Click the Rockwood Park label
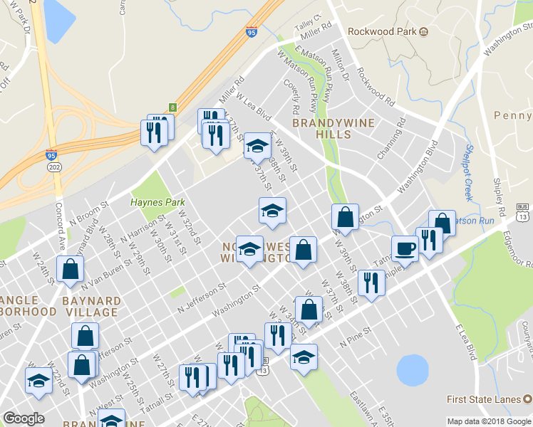click(381, 31)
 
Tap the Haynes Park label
click(157, 202)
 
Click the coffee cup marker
click(405, 248)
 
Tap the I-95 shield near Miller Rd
click(251, 31)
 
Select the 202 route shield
click(54, 166)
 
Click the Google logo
click(24, 418)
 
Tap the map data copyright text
click(489, 421)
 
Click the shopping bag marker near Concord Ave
click(70, 269)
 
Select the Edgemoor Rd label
click(515, 248)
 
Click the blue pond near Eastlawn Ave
click(410, 370)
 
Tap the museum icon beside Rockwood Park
click(423, 31)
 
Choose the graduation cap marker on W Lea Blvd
click(257, 147)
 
